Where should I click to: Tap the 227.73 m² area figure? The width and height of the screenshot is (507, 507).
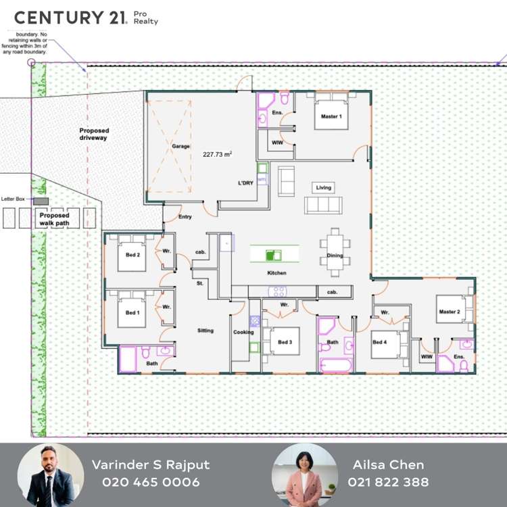[217, 154]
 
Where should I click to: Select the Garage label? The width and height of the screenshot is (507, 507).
[180, 146]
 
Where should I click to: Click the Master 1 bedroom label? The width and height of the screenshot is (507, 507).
[331, 117]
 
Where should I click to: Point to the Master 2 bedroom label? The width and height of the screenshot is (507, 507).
[449, 312]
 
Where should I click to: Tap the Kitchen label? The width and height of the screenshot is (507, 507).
[276, 273]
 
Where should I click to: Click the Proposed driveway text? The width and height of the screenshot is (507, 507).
[93, 134]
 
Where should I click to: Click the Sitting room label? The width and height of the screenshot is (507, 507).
[205, 331]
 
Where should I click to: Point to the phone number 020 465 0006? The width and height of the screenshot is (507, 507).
[151, 482]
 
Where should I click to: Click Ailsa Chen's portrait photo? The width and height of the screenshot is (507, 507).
[304, 475]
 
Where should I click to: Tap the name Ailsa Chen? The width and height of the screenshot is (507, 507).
[388, 464]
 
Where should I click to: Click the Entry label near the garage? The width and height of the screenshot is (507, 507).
[185, 217]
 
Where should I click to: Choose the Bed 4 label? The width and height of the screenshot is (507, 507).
[379, 343]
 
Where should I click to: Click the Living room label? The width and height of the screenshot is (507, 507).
[323, 187]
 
